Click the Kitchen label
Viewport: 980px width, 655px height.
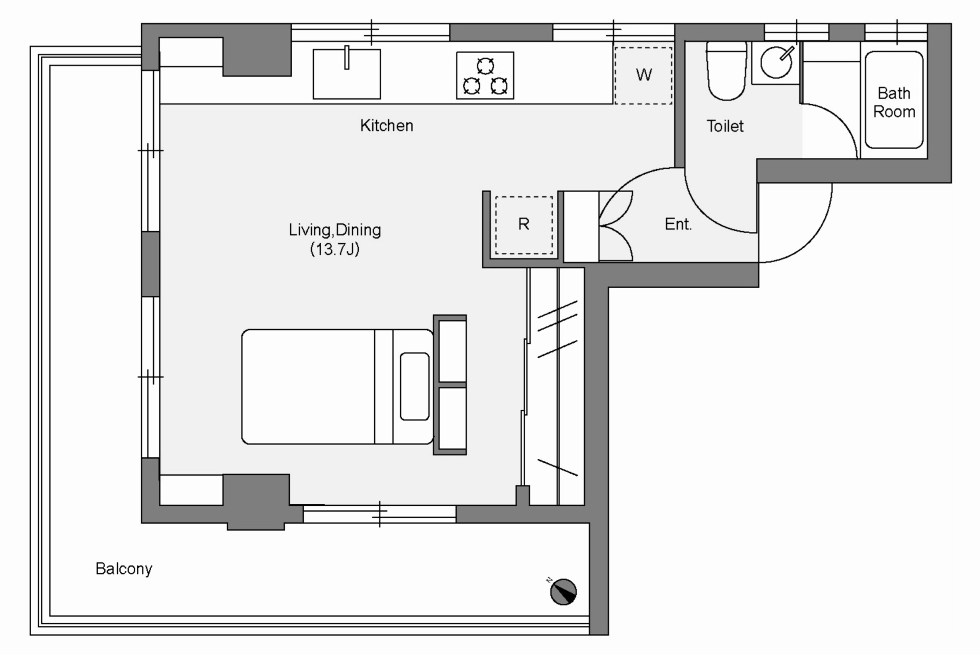386,126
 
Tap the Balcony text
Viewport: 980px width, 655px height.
124,569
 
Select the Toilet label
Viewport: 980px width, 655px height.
725,126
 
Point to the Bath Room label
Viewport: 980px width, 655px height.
894,103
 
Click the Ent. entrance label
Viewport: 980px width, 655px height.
678,224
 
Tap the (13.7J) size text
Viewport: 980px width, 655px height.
335,249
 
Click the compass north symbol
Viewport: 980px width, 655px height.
563,592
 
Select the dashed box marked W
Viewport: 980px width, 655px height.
643,76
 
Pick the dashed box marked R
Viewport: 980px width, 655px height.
524,225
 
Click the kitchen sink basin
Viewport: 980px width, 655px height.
347,74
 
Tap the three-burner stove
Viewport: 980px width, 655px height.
485,76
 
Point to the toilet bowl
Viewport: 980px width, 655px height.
727,71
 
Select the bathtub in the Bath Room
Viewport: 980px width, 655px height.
894,100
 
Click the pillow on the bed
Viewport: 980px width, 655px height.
414,386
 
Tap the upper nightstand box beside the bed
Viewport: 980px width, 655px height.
452,351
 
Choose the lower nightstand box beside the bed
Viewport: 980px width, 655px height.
452,419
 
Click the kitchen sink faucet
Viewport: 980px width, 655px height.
347,57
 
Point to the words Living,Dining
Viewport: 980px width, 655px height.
335,230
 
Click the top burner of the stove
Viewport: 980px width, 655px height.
485,66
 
